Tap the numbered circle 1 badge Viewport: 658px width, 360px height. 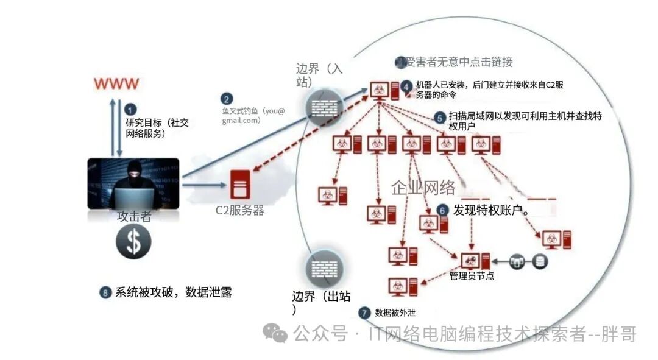[130, 109]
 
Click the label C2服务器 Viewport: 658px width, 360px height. [240, 211]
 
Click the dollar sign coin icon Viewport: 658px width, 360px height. [133, 242]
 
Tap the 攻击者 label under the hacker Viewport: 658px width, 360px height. [133, 216]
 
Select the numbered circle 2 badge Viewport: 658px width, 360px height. [227, 99]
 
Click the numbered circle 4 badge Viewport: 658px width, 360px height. [407, 85]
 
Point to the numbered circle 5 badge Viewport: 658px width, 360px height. [440, 116]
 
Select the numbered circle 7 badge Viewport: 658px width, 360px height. [365, 313]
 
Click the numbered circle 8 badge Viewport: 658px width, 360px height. [106, 292]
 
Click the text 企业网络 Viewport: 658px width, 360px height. [423, 188]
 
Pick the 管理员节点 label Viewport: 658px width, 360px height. [472, 276]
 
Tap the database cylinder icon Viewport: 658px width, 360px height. [540, 261]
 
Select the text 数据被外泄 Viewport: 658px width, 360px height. [395, 313]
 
